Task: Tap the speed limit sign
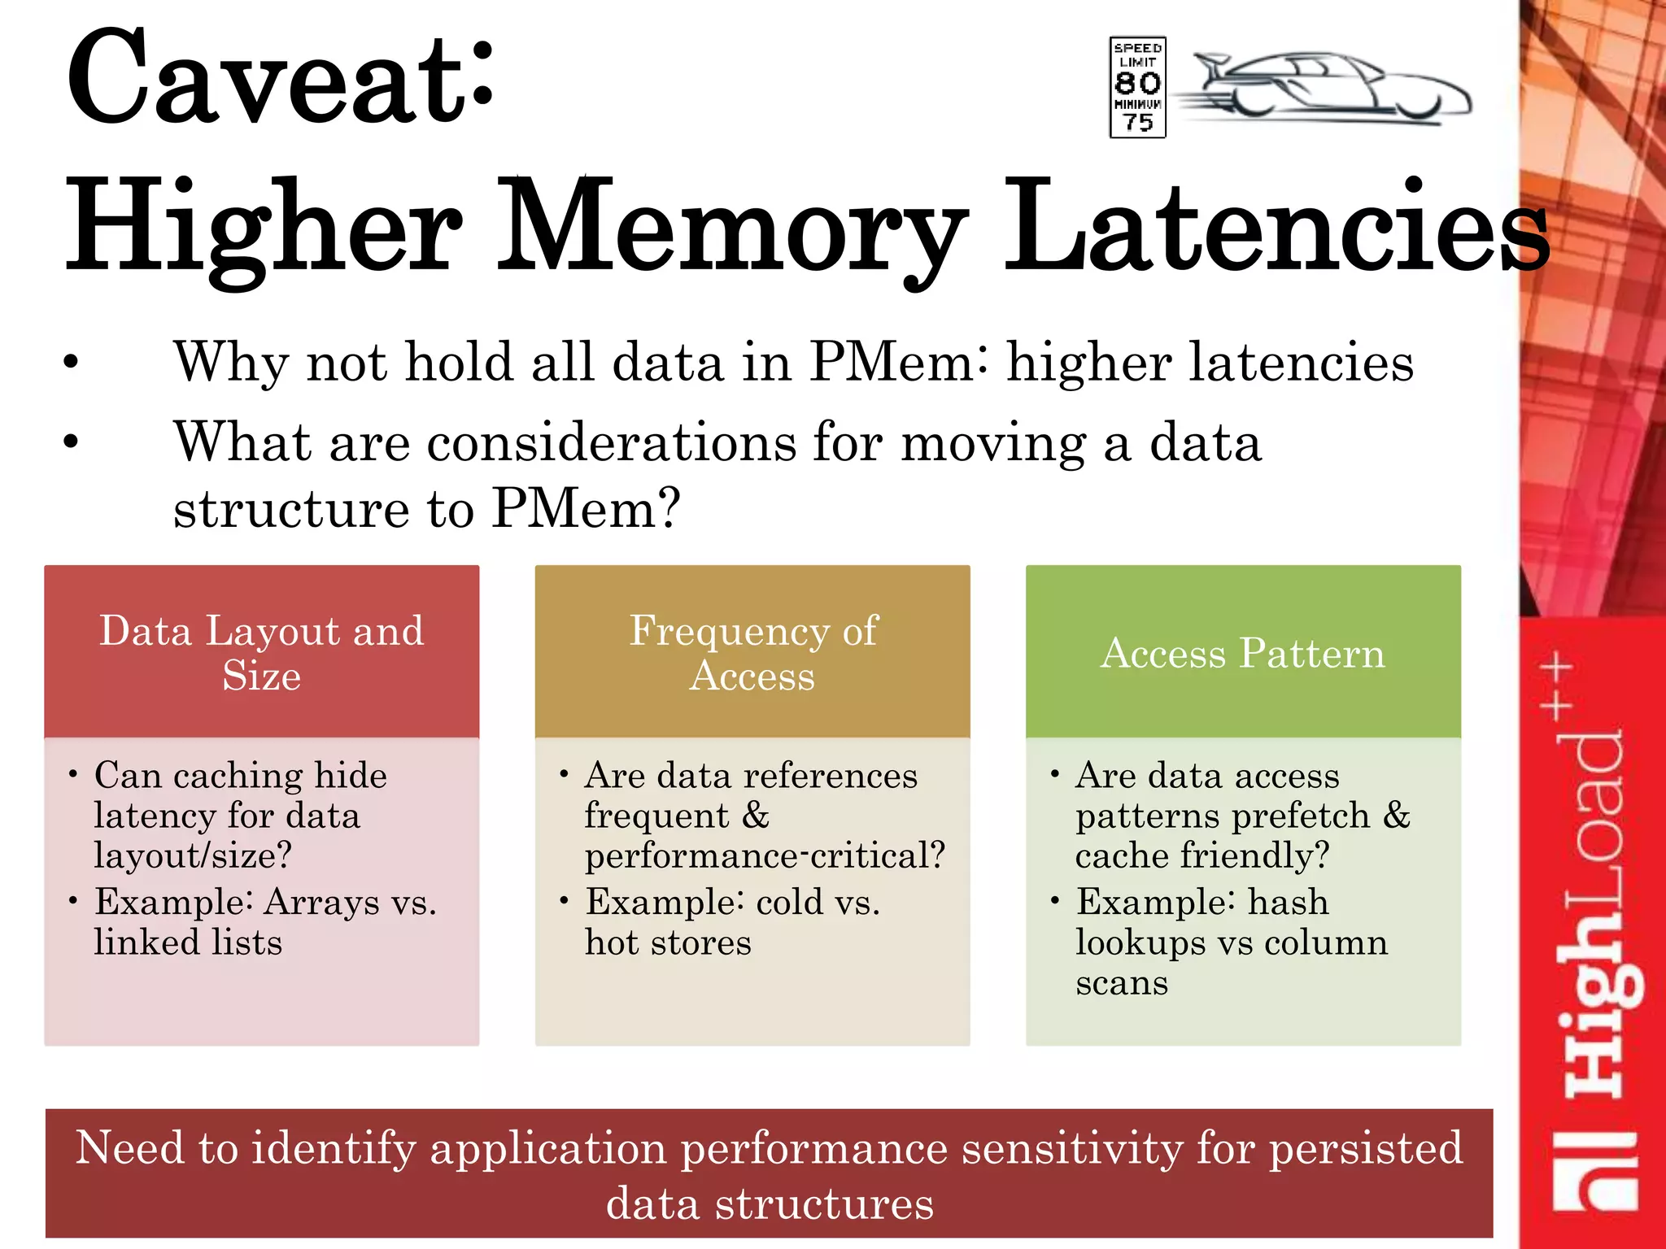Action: click(1137, 87)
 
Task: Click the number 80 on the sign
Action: click(1137, 83)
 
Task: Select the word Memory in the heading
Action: click(732, 228)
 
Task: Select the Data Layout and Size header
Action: click(261, 652)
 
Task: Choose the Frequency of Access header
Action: click(752, 652)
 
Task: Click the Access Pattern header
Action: click(1242, 653)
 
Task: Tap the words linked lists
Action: click(188, 942)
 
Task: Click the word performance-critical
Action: click(765, 855)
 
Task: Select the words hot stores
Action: click(668, 942)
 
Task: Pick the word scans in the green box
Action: click(1122, 983)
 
